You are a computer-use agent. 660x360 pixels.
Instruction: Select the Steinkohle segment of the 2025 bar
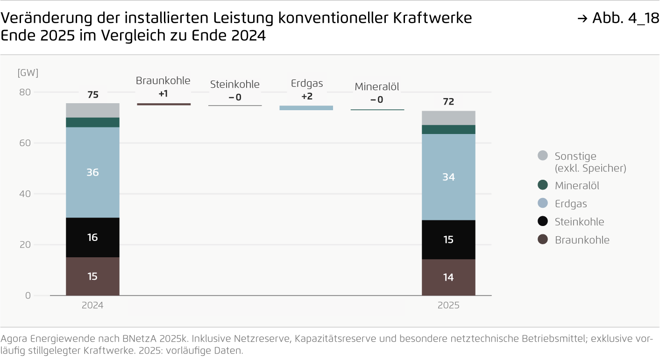[448, 240]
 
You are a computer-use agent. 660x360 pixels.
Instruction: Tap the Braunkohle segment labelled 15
[92, 276]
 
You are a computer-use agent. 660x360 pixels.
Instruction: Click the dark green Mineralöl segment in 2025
[448, 129]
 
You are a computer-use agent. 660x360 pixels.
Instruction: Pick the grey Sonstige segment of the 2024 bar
[92, 110]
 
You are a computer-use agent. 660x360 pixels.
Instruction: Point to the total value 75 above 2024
[92, 95]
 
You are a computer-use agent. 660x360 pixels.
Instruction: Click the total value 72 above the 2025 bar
[448, 102]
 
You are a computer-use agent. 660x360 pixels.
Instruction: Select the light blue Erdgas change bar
[306, 108]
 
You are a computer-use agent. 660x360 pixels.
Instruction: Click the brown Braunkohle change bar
[163, 104]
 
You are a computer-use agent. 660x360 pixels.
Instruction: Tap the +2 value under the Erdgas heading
[307, 97]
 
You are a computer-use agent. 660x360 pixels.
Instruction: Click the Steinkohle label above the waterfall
[234, 85]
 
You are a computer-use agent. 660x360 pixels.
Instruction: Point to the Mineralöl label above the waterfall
[377, 86]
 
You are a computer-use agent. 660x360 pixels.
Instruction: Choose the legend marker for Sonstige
[542, 156]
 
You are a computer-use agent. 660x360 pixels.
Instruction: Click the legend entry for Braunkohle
[582, 240]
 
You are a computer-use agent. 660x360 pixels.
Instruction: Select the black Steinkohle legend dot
[542, 222]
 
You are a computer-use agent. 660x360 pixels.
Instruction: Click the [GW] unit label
[28, 73]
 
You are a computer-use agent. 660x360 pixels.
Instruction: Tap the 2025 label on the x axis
[448, 306]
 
